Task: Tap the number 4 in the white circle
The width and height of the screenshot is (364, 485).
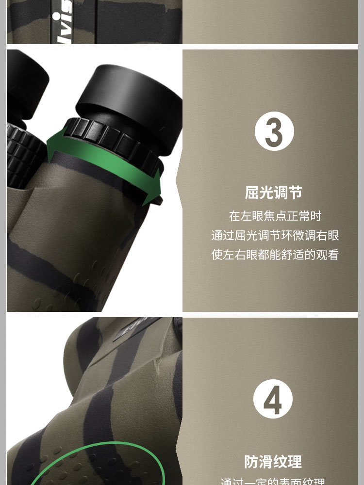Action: point(273,399)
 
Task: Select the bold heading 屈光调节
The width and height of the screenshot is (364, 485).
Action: point(273,193)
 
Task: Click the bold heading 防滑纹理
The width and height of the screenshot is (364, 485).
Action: point(273,461)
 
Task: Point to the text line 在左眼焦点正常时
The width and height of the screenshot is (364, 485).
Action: point(275,216)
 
